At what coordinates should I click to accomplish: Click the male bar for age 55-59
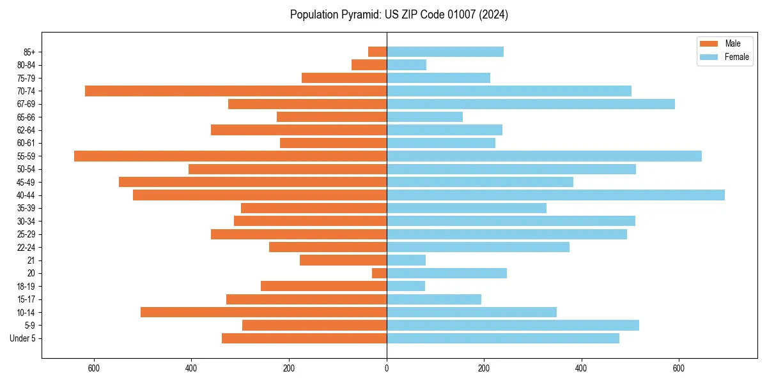[x=230, y=156]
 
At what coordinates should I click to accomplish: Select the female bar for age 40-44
[x=555, y=195]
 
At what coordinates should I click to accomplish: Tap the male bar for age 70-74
[x=236, y=91]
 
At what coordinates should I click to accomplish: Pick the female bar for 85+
[x=445, y=52]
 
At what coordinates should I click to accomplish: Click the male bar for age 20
[x=380, y=273]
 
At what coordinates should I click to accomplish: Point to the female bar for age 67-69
[x=531, y=104]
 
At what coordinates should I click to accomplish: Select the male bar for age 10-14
[x=263, y=312]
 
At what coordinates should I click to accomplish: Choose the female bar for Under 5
[x=503, y=338]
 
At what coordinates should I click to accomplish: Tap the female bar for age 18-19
[x=406, y=286]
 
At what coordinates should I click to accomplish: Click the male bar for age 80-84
[x=369, y=64]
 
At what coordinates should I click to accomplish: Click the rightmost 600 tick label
[x=679, y=369]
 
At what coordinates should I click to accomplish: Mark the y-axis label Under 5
[x=23, y=338]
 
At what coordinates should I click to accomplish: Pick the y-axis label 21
[x=31, y=260]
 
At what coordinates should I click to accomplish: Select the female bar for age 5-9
[x=513, y=325]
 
